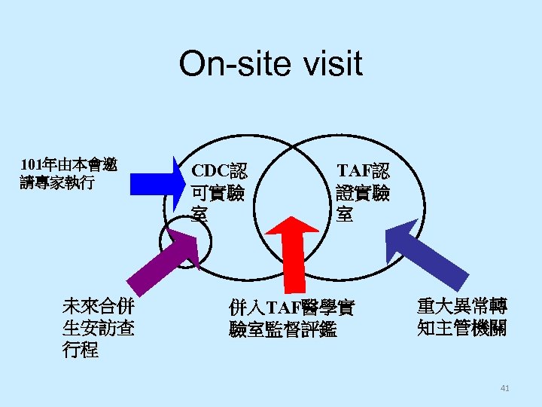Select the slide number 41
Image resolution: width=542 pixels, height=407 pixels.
click(504, 388)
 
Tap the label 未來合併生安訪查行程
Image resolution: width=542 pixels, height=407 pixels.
click(99, 328)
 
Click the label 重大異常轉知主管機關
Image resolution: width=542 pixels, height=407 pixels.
click(461, 317)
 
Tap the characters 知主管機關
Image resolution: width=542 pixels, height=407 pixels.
click(461, 328)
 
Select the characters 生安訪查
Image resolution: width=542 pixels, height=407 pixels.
click(99, 329)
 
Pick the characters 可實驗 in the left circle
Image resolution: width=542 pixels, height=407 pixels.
click(218, 193)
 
